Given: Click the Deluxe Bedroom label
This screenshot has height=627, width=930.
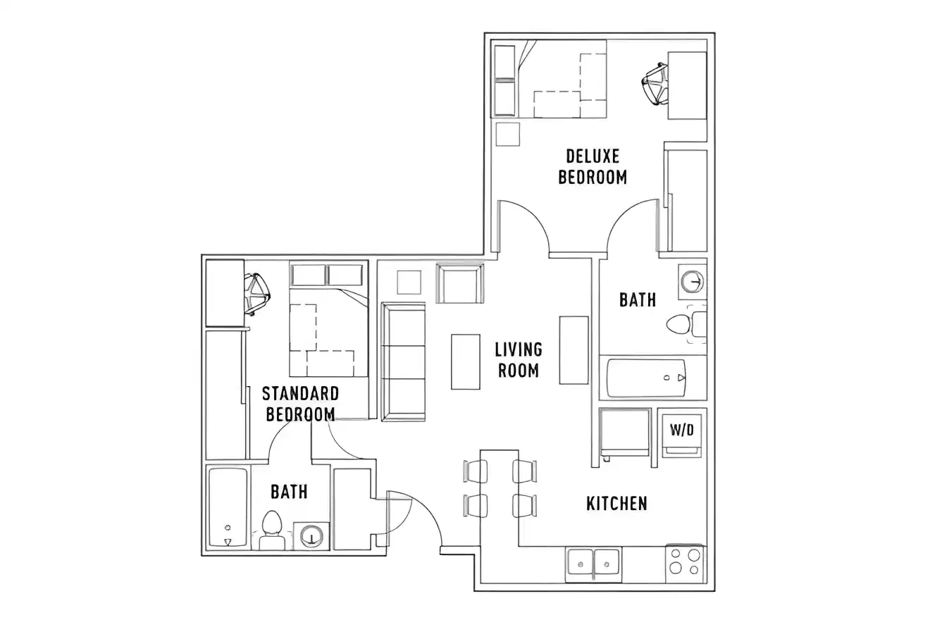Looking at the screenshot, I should coord(593,166).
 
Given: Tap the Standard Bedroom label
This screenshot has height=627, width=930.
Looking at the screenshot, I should coord(301,404).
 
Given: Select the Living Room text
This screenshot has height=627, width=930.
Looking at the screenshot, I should coord(518,359).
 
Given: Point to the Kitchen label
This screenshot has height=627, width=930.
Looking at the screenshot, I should coord(616,503).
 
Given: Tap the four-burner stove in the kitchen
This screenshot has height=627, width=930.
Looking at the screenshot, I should coord(684,564).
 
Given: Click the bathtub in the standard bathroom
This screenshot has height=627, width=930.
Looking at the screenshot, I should coord(228,507).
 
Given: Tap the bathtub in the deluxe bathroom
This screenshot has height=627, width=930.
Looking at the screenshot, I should coord(645,378).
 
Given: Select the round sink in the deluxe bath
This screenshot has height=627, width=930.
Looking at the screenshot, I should coord(692,282).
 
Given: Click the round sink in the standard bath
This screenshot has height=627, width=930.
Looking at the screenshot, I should coord(310,536).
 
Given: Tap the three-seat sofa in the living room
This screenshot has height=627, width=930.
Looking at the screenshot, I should coord(403,361).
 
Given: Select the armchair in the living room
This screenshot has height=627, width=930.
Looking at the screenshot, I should coord(459,283).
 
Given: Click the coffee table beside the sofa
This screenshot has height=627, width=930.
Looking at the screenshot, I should coord(465,361).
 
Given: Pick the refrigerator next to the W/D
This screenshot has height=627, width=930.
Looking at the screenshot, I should coord(624,432).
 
